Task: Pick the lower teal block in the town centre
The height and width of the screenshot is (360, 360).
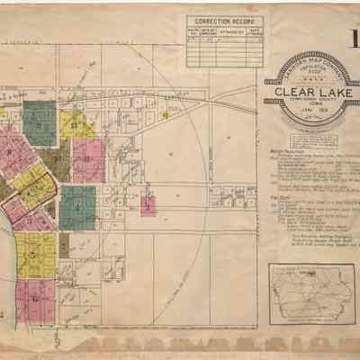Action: point(78,205)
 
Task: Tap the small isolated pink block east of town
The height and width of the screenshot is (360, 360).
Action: point(148,205)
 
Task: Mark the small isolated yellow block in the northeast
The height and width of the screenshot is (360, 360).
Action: point(164,115)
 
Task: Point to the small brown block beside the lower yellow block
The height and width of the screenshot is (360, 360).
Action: point(63,244)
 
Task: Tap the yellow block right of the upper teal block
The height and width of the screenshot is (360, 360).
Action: point(77,126)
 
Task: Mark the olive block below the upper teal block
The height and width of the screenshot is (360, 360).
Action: point(54,162)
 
